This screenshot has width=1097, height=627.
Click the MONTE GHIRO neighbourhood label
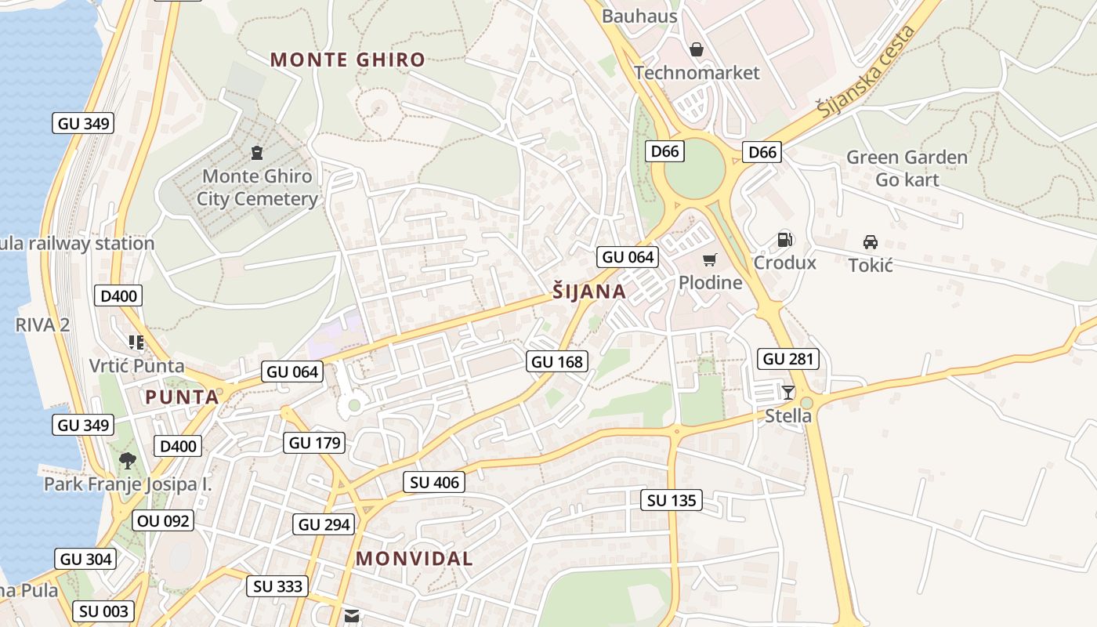tap(347, 60)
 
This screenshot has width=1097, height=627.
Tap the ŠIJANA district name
tap(589, 292)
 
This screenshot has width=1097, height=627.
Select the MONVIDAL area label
tap(414, 559)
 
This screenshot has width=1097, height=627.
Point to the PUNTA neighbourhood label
tap(182, 397)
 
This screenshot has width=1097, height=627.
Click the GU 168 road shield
tap(557, 361)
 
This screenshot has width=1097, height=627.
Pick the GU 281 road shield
tap(789, 359)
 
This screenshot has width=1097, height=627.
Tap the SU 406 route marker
tap(435, 482)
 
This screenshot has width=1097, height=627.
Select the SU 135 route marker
tap(672, 500)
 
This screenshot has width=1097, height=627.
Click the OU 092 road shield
tap(163, 520)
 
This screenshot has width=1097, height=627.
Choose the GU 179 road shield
tap(314, 442)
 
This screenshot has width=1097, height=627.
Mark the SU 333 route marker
tap(278, 586)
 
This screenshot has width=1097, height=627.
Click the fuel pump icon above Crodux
tap(784, 240)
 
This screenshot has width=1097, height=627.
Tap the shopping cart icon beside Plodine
tap(710, 260)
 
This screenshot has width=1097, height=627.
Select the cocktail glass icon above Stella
tap(787, 392)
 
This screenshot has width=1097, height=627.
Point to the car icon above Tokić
tap(870, 241)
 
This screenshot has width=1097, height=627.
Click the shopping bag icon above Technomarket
tap(696, 50)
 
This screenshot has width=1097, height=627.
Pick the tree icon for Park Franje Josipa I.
tap(127, 460)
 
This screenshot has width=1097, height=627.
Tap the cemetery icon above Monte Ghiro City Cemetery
tap(256, 152)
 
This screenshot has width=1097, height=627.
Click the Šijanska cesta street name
tap(867, 72)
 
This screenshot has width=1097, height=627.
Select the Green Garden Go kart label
tap(907, 169)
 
